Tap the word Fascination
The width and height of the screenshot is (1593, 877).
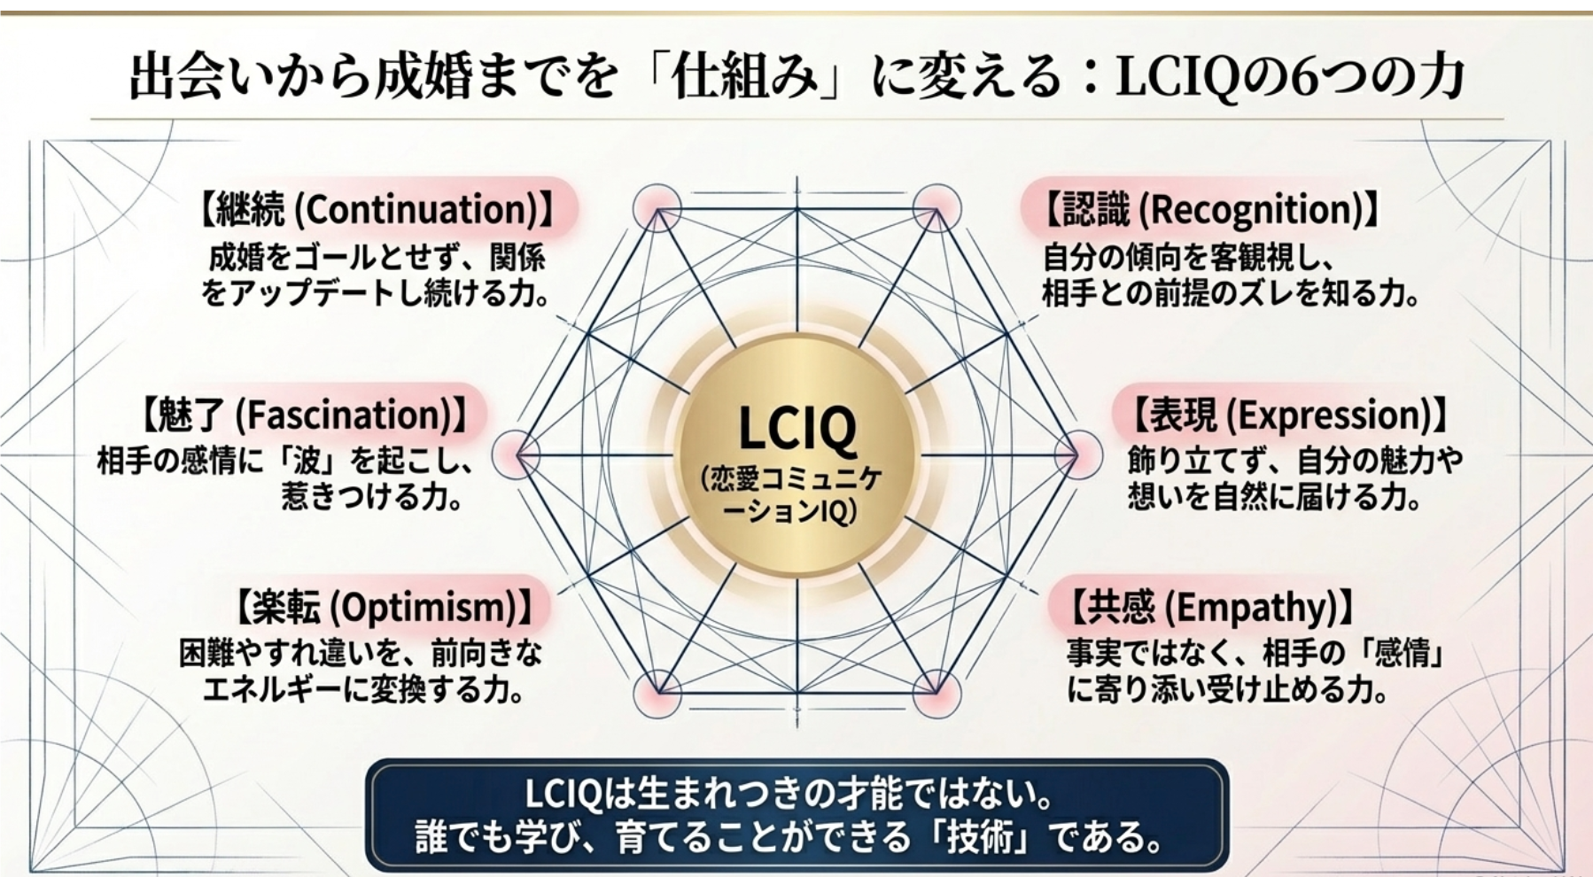coord(345,415)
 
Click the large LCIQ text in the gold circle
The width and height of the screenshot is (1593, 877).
coord(796,429)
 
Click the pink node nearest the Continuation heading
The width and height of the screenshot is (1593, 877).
coord(657,209)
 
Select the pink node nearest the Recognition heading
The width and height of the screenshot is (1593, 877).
coord(936,209)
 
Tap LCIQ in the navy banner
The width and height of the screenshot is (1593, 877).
coord(563,793)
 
